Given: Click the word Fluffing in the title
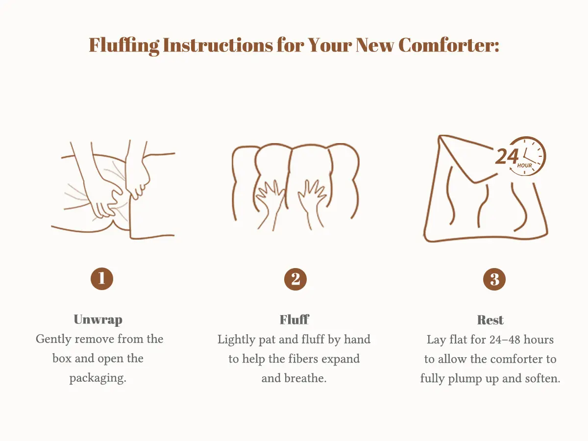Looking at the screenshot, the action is (124, 46).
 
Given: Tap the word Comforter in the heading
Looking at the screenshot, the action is (449, 45).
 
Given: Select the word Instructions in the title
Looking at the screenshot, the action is (218, 45).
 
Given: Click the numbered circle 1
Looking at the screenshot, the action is (102, 278).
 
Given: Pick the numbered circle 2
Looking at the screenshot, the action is (295, 279).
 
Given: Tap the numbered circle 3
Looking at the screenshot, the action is (494, 279).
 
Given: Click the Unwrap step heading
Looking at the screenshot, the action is (98, 319).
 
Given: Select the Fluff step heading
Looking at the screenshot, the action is (294, 319).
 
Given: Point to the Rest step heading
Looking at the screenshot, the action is (490, 320).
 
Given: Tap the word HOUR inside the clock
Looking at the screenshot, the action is (524, 166).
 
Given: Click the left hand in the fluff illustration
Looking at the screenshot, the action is (270, 203).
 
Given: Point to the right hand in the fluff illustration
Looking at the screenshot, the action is (312, 203).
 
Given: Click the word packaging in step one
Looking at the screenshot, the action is (98, 378).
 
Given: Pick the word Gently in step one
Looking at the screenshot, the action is (53, 340).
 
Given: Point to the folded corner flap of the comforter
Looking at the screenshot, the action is (466, 161).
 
